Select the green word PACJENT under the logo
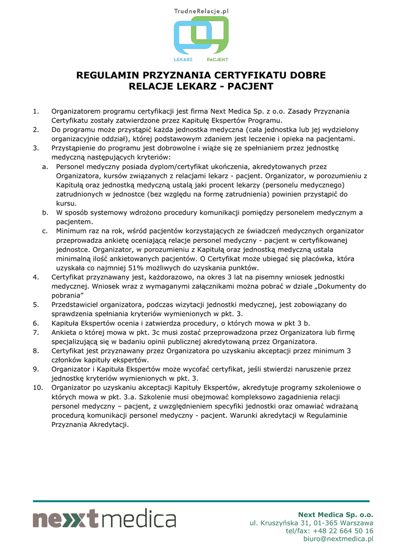[217, 59]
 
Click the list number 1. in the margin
[36, 111]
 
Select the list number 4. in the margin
[36, 277]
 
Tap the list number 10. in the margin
[37, 388]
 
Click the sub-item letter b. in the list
[46, 212]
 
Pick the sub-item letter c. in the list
[46, 231]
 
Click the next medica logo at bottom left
[104, 519]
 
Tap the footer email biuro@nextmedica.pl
[338, 539]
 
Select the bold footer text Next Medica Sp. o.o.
[336, 514]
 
